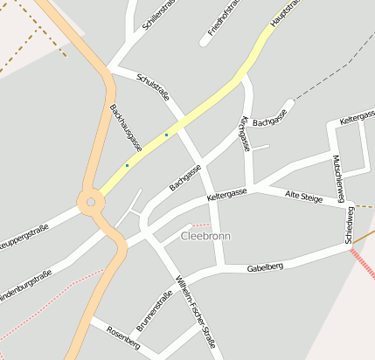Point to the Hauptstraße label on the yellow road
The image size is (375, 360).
[x=286, y=13]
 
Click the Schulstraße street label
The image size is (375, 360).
[x=153, y=87]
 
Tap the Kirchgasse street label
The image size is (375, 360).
[x=244, y=133]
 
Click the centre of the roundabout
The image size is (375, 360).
[x=89, y=203]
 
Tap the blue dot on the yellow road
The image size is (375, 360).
[x=127, y=165]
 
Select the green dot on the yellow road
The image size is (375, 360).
[x=166, y=135]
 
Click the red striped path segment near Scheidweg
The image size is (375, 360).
[x=363, y=263]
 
